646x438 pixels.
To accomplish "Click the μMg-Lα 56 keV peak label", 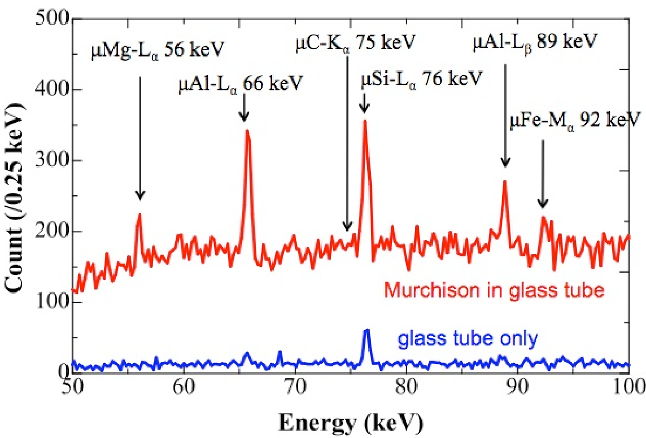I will pos(158,53).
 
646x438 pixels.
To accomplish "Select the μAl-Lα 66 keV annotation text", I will pos(240,85).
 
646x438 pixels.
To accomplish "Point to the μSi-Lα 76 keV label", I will pos(422,78).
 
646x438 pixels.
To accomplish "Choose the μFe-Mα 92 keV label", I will pos(574,120).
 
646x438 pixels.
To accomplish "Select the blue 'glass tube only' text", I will pos(468,339).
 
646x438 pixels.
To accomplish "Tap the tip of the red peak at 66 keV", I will pos(247,131).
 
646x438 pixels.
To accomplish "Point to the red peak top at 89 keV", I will pos(505,182).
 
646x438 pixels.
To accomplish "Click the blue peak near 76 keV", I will pos(366,331).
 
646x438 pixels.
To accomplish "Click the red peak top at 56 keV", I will pos(139,214).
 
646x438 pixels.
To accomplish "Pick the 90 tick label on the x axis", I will pos(517,389).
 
